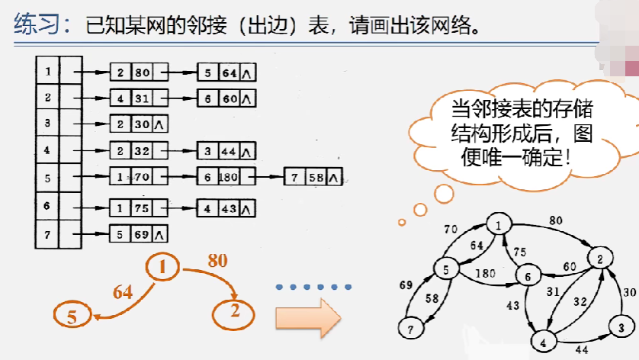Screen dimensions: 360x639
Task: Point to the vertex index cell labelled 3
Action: click(47, 123)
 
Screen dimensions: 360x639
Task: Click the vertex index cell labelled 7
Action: click(47, 234)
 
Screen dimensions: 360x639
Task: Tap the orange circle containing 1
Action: click(162, 266)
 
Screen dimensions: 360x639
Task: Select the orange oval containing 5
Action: click(72, 316)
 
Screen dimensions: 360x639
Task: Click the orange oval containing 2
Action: click(235, 311)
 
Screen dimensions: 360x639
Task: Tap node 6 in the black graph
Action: click(527, 275)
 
